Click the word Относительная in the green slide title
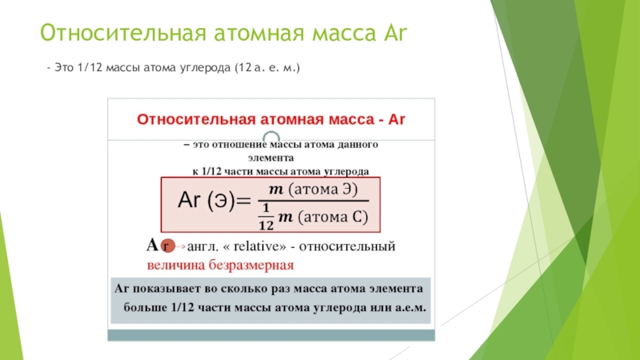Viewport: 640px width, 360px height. pos(123,33)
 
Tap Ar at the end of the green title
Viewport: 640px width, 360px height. pos(395,33)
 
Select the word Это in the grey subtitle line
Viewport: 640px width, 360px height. pos(64,67)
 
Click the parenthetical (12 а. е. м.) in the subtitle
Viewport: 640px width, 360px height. pos(267,68)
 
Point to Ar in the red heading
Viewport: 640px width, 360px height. pos(397,119)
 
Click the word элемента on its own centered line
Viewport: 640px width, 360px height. pos(270,158)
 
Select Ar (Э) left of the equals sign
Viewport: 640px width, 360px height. pos(206,201)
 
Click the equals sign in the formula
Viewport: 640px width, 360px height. pos(243,201)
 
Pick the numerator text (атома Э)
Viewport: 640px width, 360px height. pos(323,190)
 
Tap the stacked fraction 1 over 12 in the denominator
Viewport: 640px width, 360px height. pos(266,217)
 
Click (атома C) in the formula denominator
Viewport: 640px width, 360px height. pos(333,217)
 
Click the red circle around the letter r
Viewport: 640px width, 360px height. pos(167,246)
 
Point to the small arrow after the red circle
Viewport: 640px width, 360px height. pos(181,246)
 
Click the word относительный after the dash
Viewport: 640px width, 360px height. pos(347,246)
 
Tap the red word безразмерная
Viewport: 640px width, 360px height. pos(251,266)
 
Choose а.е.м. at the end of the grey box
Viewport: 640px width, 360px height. pos(410,307)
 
